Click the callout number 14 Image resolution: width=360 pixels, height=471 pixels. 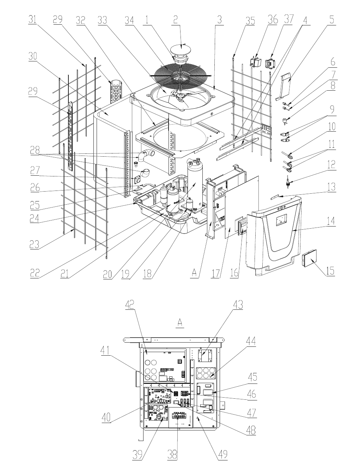tap(330, 221)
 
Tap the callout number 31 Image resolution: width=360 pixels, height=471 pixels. tap(32, 19)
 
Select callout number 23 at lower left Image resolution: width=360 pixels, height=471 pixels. tap(34, 244)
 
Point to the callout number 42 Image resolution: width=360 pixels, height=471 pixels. tap(130, 304)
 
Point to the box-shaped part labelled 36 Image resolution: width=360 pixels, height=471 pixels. tap(256, 62)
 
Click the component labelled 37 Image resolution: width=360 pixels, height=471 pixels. tap(270, 64)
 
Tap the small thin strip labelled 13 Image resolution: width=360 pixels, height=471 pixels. tap(275, 197)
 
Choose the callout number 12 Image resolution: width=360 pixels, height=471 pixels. tap(331, 164)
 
